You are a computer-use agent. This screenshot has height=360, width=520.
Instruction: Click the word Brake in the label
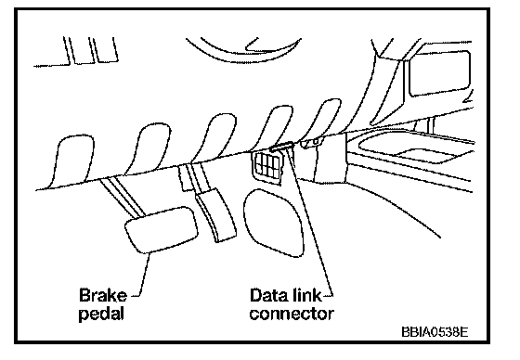tap(103, 295)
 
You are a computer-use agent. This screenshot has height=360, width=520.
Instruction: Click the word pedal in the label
tap(101, 314)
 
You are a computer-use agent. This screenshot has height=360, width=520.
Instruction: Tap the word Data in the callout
tap(269, 295)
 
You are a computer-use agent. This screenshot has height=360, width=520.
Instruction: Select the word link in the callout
tap(307, 295)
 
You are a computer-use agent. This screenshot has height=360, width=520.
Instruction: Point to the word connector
tap(292, 314)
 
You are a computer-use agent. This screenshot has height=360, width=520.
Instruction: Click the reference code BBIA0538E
tap(435, 332)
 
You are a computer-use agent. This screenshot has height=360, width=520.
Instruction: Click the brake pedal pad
tap(162, 230)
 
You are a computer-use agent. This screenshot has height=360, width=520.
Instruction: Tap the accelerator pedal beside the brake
tap(215, 215)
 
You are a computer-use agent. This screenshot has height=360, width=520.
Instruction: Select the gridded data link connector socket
tap(268, 166)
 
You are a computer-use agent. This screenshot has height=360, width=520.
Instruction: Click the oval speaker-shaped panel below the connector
tap(274, 223)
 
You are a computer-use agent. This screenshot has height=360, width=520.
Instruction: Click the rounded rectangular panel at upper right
tap(440, 73)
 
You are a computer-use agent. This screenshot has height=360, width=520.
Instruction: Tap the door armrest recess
tap(414, 148)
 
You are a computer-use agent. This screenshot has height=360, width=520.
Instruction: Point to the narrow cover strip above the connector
tap(281, 146)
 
